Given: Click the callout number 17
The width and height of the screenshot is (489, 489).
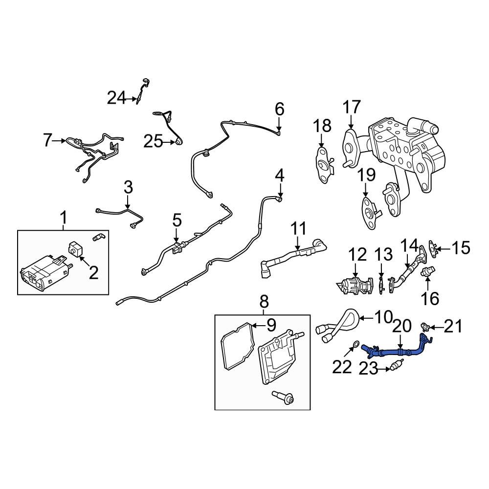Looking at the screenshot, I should click(351, 107).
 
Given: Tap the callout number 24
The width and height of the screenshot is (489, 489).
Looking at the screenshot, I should click(116, 98).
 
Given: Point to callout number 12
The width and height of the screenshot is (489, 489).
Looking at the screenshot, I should click(357, 254).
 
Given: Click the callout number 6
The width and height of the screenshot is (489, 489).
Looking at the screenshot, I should click(279, 109).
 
